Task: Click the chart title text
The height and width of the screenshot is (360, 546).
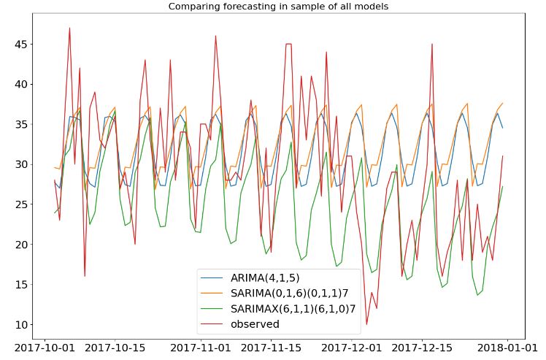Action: tap(278, 7)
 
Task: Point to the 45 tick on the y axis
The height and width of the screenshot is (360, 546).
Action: tap(19, 44)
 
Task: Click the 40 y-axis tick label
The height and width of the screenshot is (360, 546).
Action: tap(19, 84)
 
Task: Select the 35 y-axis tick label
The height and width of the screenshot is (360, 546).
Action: tap(19, 124)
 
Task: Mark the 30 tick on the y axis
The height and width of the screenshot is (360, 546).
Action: tap(19, 164)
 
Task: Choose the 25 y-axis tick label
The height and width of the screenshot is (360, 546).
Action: tap(19, 204)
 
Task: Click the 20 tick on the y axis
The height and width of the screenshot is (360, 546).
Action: tap(19, 244)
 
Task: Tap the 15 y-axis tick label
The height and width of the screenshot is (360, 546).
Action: tap(19, 284)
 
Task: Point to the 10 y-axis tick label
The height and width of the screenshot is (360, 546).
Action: tap(19, 324)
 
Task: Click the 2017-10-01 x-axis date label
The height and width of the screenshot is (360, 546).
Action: tap(46, 348)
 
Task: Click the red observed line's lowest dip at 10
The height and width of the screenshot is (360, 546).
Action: tap(366, 324)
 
